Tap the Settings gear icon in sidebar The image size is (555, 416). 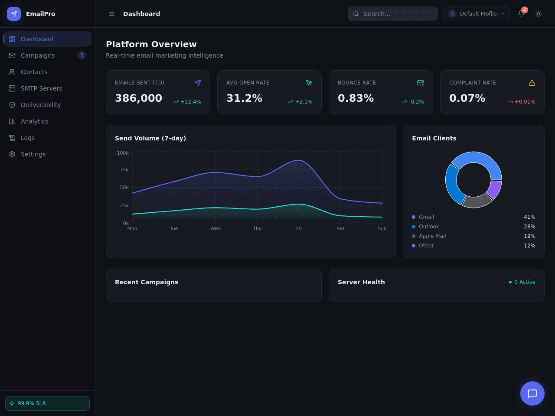pyautogui.click(x=12, y=154)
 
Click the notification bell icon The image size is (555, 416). pyautogui.click(x=521, y=13)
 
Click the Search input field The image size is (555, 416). pyautogui.click(x=393, y=13)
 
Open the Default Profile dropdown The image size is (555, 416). pyautogui.click(x=477, y=13)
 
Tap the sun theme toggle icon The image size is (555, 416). pyautogui.click(x=539, y=13)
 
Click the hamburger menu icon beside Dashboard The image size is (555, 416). pyautogui.click(x=112, y=13)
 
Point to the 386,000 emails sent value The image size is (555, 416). pyautogui.click(x=139, y=98)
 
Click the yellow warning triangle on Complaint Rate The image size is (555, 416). pyautogui.click(x=532, y=83)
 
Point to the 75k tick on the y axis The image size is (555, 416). pyautogui.click(x=124, y=169)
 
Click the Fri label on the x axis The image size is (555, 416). pyautogui.click(x=299, y=228)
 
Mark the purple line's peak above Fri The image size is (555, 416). pyautogui.click(x=299, y=160)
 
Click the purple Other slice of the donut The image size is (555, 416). pyautogui.click(x=495, y=190)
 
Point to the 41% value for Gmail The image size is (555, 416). pyautogui.click(x=529, y=217)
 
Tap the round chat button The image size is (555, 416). pyautogui.click(x=532, y=393)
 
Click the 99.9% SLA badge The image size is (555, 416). pyautogui.click(x=47, y=403)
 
